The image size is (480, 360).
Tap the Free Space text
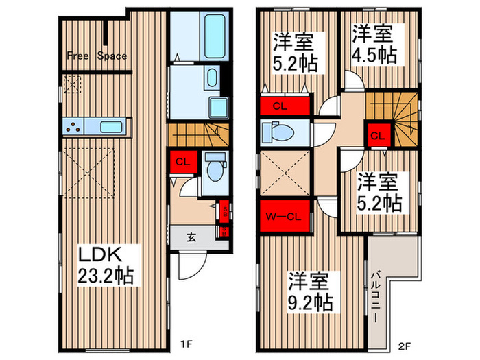point(97,56)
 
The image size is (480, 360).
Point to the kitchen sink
point(110,126)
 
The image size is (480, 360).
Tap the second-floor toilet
point(282,132)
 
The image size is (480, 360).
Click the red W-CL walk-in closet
point(283,218)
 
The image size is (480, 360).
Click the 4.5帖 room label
point(374,45)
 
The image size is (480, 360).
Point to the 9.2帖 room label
point(312,291)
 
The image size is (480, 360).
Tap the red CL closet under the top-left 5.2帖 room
point(280,106)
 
